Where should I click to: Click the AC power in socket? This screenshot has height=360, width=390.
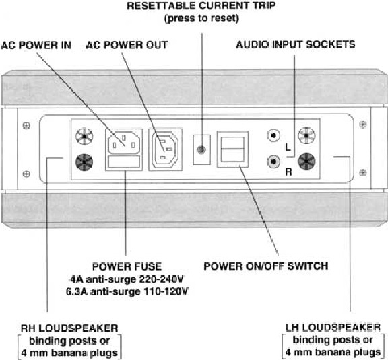[x=124, y=143]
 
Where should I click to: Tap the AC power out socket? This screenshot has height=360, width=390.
[x=165, y=149]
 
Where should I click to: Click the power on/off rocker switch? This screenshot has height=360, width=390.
[x=232, y=149]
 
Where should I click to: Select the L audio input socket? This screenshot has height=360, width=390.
[x=273, y=136]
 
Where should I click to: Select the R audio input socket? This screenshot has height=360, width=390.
[x=273, y=162]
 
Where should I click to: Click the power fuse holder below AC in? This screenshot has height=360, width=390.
[x=124, y=161]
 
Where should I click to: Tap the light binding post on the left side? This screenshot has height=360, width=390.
[x=84, y=137]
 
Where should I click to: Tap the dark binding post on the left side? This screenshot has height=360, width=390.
[x=84, y=162]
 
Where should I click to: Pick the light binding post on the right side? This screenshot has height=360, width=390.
[x=307, y=135]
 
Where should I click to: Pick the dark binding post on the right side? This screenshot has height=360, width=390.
[x=307, y=161]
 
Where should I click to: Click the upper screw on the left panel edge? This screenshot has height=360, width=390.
[x=26, y=125]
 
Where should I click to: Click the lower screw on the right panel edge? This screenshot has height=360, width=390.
[x=363, y=172]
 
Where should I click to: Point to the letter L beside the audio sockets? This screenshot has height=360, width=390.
[x=288, y=147]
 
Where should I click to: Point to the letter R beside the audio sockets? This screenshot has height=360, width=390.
[x=288, y=172]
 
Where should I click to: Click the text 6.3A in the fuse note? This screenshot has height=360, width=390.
[x=77, y=291]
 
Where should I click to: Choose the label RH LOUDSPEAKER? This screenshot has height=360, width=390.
[x=69, y=328]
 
